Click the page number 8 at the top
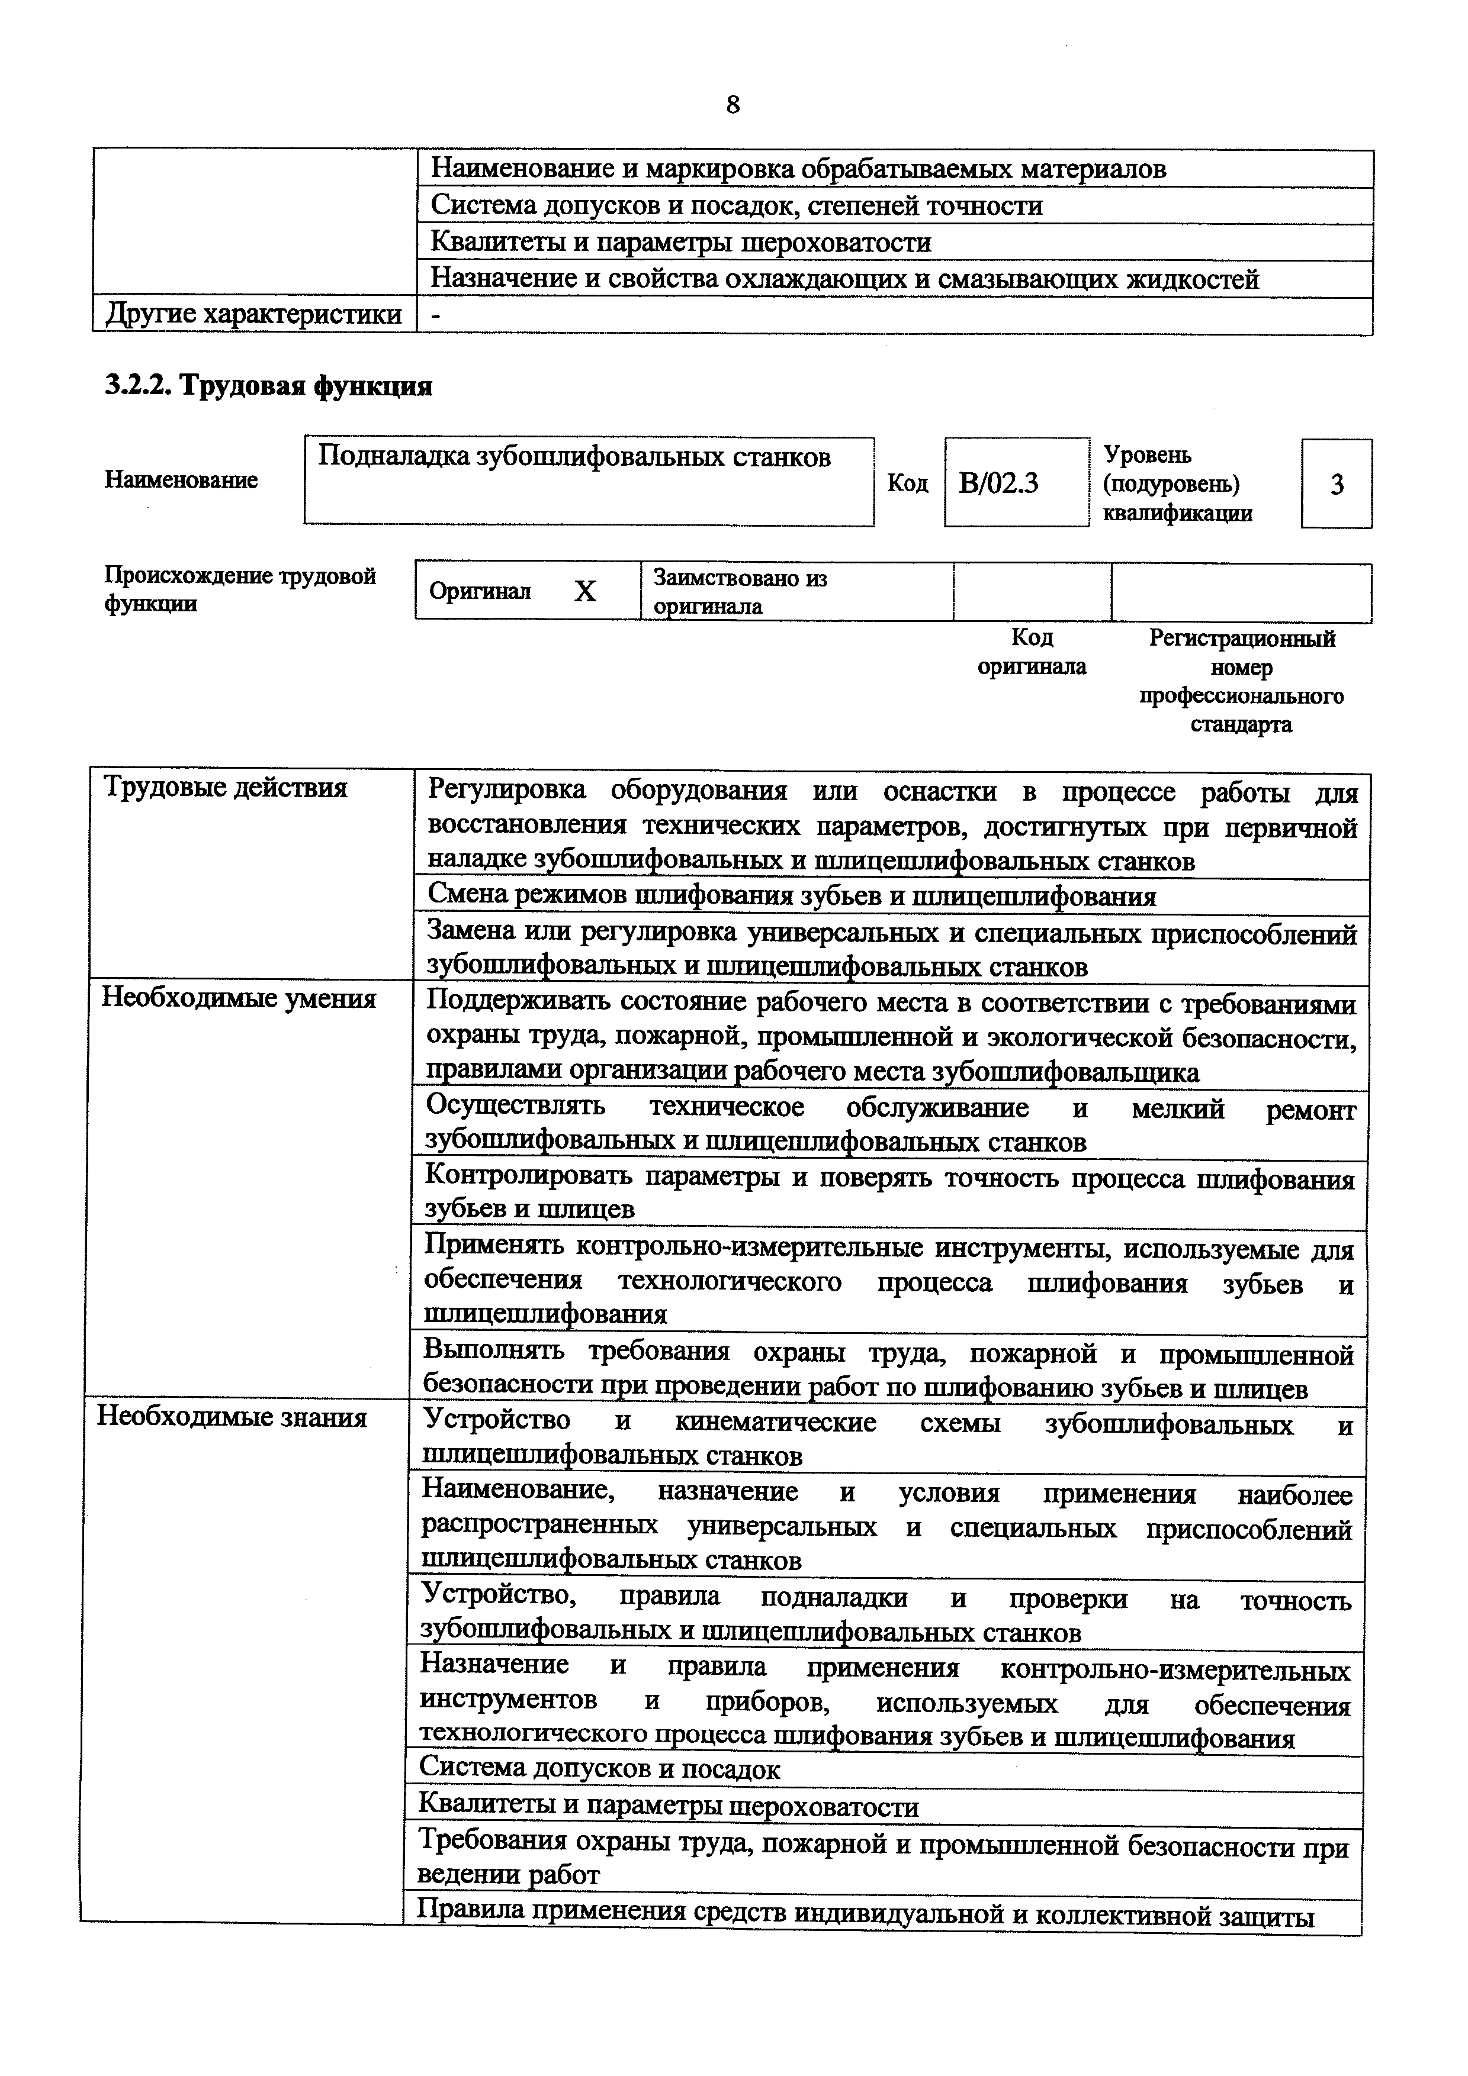pyautogui.click(x=733, y=106)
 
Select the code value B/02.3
pyautogui.click(x=998, y=483)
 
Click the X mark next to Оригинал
pyautogui.click(x=585, y=591)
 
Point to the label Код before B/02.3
pyautogui.click(x=907, y=483)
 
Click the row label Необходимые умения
pyautogui.click(x=239, y=999)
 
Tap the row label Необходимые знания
pyautogui.click(x=233, y=1417)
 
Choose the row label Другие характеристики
pyautogui.click(x=253, y=315)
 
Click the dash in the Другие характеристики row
pyautogui.click(x=438, y=315)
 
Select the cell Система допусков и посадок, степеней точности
pyautogui.click(x=736, y=206)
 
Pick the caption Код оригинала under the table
pyautogui.click(x=1031, y=652)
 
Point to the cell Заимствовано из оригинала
pyautogui.click(x=740, y=591)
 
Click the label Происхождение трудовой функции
pyautogui.click(x=240, y=589)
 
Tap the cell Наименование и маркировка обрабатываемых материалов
pyautogui.click(x=798, y=169)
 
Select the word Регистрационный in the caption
pyautogui.click(x=1241, y=639)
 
